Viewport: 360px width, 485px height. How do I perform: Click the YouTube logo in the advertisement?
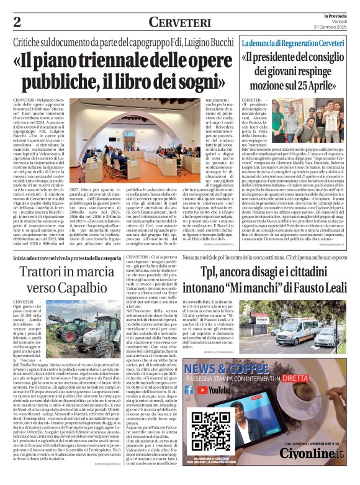point(216,390)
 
